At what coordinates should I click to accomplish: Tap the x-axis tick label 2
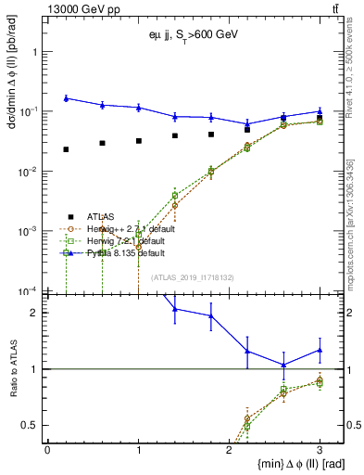[x=229, y=449]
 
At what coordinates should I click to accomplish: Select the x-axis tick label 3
[x=320, y=449]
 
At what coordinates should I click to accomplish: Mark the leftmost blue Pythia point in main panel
[x=66, y=98]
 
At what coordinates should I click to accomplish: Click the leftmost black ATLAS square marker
[x=66, y=149]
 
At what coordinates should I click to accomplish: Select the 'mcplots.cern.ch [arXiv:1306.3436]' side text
[x=354, y=213]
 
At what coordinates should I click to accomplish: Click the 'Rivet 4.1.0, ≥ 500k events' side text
[x=354, y=74]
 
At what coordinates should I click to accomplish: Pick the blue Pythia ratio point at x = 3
[x=320, y=350]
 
